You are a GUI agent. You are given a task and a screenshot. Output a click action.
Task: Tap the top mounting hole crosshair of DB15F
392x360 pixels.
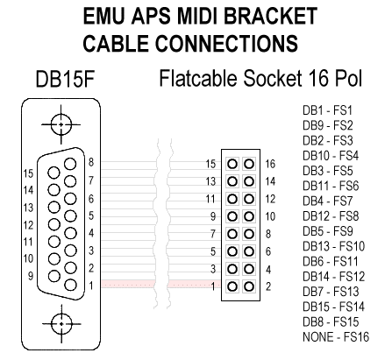tap(61, 124)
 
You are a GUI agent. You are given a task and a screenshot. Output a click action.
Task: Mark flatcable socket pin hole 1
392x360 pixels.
tap(232, 285)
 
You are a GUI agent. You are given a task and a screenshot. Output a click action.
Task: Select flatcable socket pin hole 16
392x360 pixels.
tap(250, 164)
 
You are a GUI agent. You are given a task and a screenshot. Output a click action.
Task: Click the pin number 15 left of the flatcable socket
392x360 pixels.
tap(210, 164)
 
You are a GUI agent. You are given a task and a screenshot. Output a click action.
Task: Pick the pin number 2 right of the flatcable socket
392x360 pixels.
tap(269, 285)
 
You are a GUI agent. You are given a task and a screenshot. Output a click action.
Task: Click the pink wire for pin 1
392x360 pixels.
tap(149, 284)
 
